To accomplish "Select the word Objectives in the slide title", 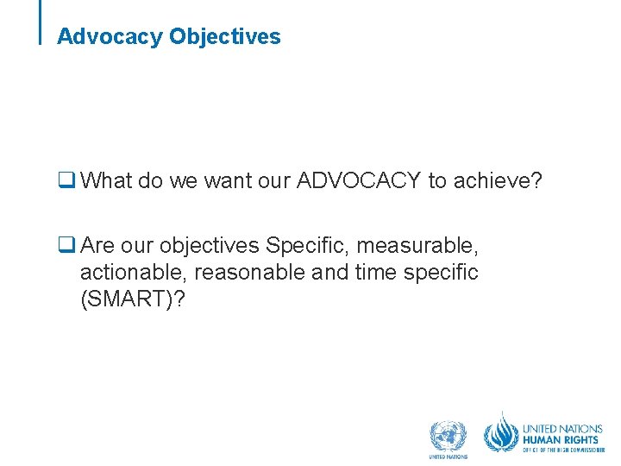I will [225, 37].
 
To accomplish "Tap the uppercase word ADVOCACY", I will [359, 180].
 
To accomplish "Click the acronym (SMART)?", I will [132, 299].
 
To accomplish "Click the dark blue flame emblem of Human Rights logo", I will [501, 432].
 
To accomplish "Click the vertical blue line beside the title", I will [41, 22].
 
